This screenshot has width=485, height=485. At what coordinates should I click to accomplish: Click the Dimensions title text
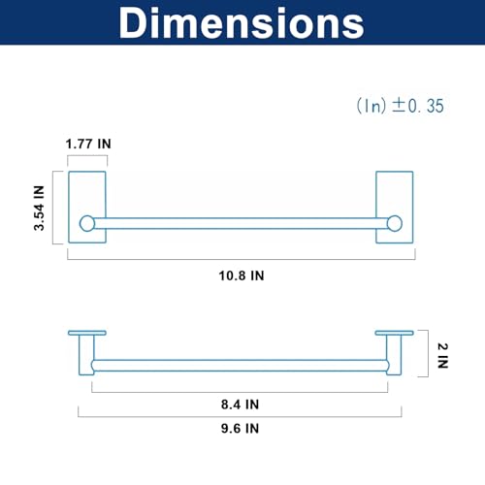(242, 22)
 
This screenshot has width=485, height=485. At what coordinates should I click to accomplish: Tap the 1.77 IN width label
(88, 144)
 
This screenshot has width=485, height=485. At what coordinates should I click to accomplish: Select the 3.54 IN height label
(39, 208)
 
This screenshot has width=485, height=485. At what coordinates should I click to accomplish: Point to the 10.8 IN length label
(242, 275)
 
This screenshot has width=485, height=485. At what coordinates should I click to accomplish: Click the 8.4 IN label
(240, 404)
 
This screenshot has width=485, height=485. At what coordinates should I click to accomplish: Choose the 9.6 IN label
(240, 429)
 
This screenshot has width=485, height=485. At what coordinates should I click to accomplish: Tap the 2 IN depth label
(442, 356)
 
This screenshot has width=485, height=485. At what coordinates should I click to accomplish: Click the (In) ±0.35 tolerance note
(401, 106)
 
